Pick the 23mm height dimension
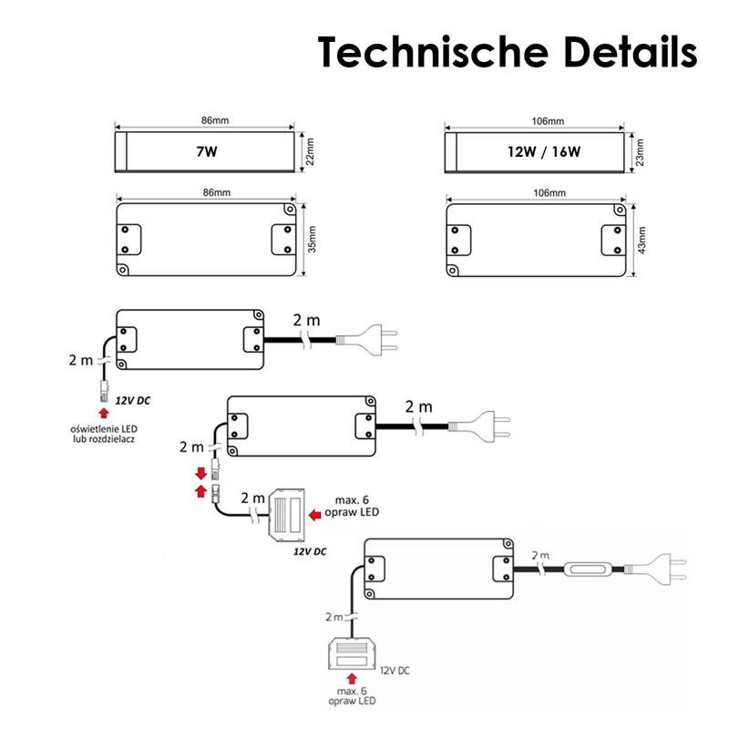[640, 151]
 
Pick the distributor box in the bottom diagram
[352, 656]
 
